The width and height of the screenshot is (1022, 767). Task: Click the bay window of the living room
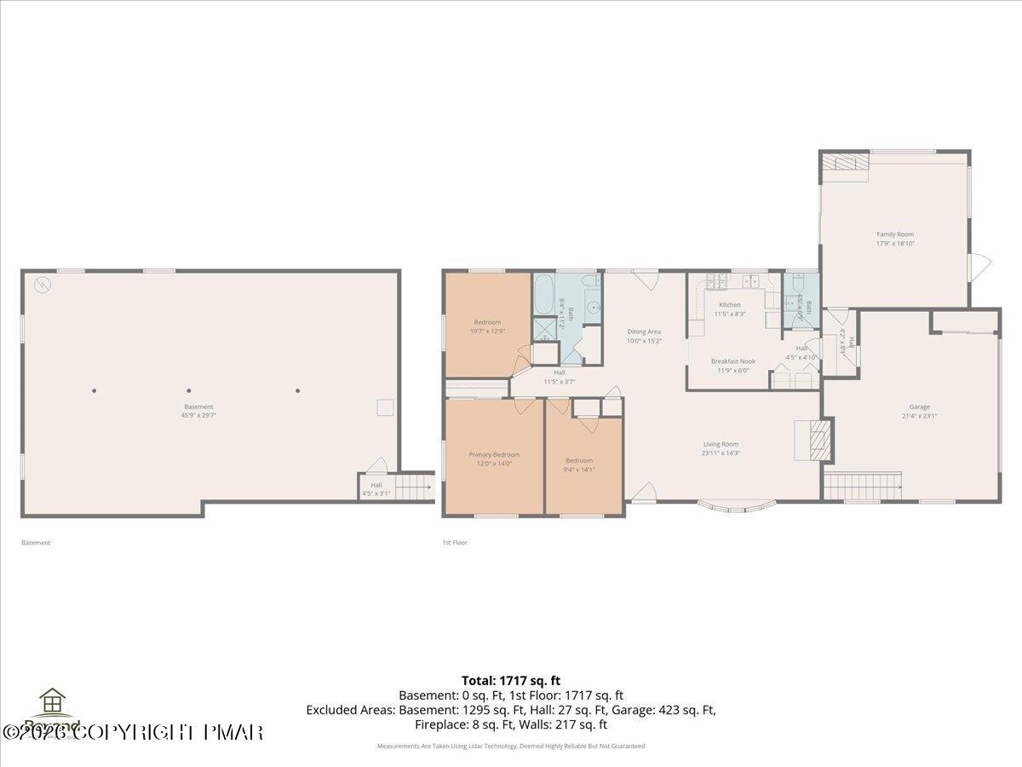[x=737, y=507]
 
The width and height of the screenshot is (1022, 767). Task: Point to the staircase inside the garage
[x=863, y=486]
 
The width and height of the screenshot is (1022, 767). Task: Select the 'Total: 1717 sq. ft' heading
[x=511, y=680]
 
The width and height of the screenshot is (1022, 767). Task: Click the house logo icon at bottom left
[x=53, y=701]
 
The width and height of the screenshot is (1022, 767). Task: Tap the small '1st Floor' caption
[x=454, y=543]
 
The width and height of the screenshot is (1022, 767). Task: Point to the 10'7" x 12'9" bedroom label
[x=487, y=326]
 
